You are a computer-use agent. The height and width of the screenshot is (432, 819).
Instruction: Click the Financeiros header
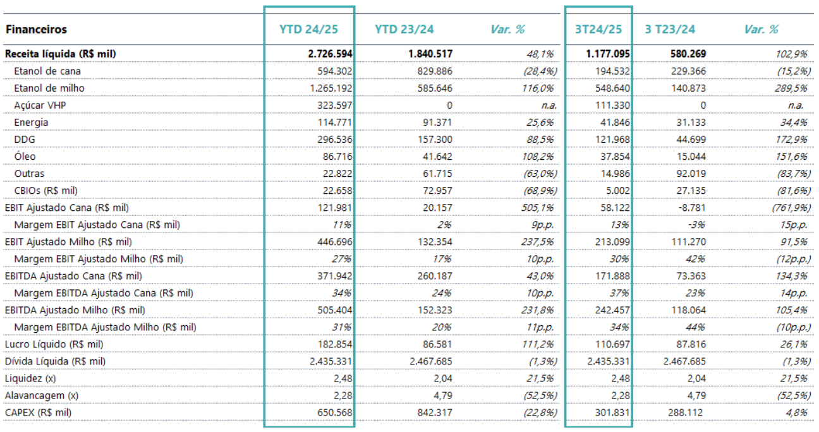(36, 30)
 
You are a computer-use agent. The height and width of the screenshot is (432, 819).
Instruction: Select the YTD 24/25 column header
(308, 30)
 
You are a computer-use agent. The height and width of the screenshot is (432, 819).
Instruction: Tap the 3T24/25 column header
(598, 30)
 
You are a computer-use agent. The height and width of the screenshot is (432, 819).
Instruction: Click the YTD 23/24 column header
(404, 30)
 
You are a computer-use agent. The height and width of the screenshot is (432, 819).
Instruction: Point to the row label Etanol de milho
(49, 88)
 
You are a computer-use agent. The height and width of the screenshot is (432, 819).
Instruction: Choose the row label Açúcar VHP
(40, 105)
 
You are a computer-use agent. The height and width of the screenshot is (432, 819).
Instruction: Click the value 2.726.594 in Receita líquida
(330, 54)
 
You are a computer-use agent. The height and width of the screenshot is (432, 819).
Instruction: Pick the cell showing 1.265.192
(331, 88)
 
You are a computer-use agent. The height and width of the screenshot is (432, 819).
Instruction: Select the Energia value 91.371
(437, 123)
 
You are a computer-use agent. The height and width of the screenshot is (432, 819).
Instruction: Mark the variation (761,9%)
(791, 208)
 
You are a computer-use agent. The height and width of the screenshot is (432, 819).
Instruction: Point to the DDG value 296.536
(335, 140)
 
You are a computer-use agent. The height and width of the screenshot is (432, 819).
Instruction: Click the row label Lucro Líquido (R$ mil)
(54, 345)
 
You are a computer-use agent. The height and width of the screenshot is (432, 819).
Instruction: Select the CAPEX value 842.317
(435, 413)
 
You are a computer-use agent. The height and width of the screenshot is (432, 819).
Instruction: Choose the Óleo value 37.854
(616, 157)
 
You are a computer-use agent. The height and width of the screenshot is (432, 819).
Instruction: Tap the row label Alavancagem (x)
(41, 396)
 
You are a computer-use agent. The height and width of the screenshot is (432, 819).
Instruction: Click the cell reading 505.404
(335, 310)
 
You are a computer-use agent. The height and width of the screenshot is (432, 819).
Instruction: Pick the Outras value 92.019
(691, 174)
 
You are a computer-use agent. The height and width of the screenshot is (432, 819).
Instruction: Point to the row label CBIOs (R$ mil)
(45, 191)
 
